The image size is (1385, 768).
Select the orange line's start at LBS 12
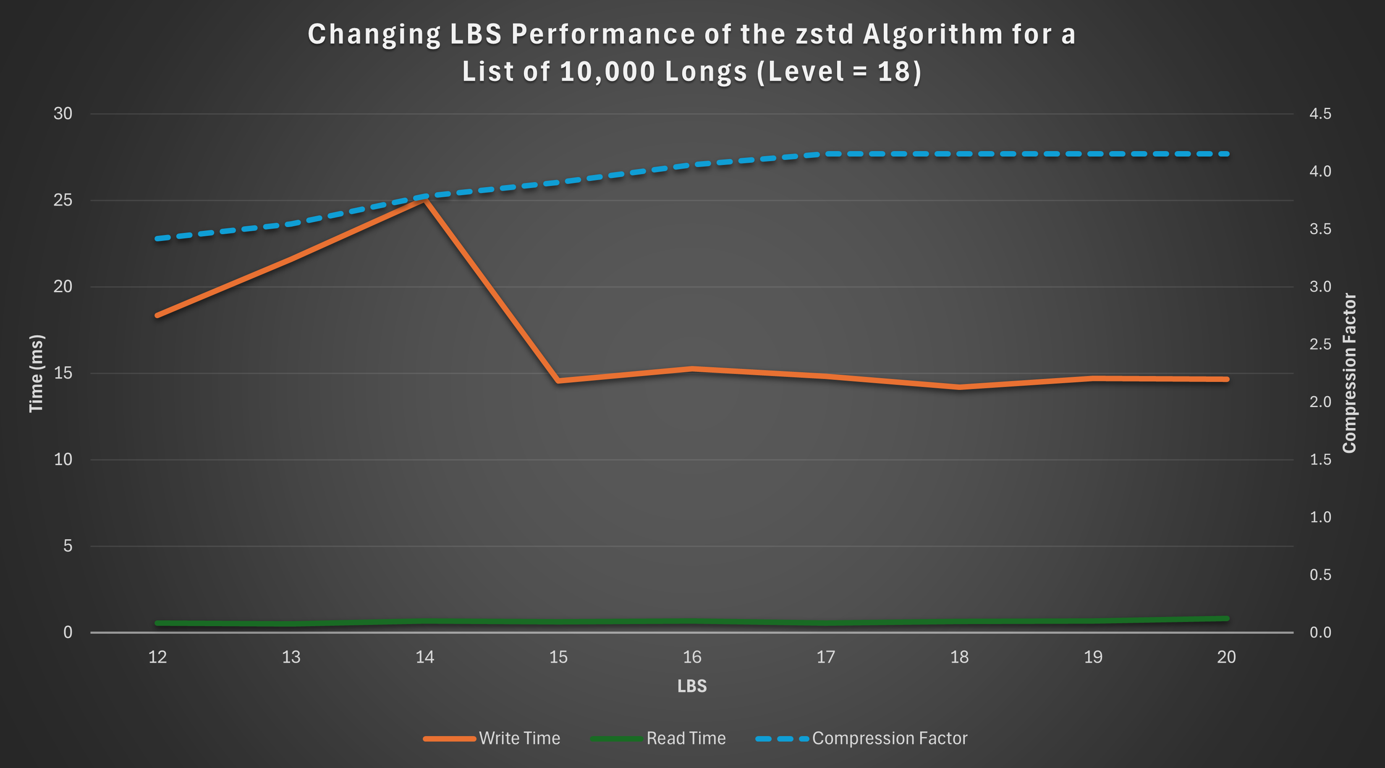click(x=157, y=316)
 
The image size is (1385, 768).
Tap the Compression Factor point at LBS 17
click(x=826, y=154)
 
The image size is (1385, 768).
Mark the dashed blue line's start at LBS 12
click(x=157, y=239)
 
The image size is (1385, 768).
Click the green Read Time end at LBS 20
click(x=1226, y=619)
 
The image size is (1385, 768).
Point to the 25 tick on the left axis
click(x=63, y=201)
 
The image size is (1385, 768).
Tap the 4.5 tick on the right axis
click(x=1320, y=113)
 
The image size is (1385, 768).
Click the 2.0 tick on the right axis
click(x=1320, y=402)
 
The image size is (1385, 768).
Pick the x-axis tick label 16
click(x=692, y=657)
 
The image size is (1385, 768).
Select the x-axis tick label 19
click(x=1093, y=657)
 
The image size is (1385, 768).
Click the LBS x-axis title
click(x=692, y=686)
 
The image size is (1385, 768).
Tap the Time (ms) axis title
click(x=36, y=374)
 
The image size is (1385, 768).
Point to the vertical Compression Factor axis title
click(x=1349, y=373)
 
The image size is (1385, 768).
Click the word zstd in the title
click(x=825, y=34)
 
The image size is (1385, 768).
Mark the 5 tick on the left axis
click(x=67, y=546)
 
